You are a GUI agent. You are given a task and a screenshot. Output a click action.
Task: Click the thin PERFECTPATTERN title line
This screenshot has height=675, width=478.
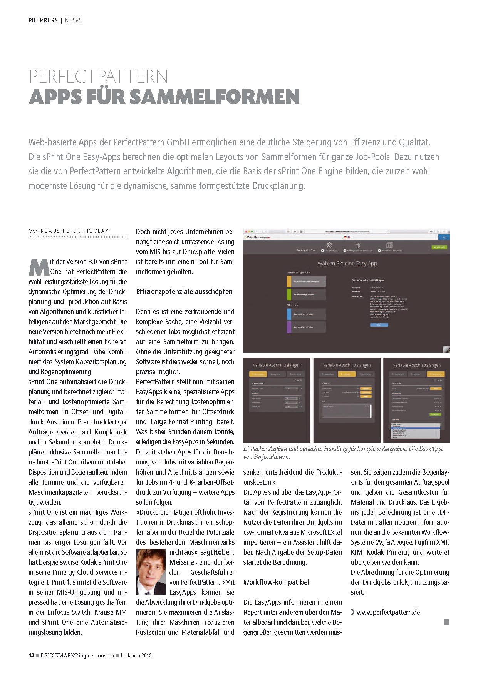99,77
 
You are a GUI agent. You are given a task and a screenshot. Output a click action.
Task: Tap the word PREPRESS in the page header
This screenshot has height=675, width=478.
43,20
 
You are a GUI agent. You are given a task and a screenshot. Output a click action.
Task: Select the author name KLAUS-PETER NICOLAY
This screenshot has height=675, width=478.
75,231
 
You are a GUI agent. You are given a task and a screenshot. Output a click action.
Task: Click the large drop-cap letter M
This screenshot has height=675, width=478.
39,267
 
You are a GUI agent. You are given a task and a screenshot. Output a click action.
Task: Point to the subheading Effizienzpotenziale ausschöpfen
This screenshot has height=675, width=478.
184,292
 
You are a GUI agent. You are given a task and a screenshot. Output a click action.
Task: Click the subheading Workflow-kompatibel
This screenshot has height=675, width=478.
276,582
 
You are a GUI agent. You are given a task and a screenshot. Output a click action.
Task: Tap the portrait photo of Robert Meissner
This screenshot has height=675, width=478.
151,571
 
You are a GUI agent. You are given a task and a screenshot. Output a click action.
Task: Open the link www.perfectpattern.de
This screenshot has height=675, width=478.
388,612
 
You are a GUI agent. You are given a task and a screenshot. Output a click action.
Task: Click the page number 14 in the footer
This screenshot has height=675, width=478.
31,655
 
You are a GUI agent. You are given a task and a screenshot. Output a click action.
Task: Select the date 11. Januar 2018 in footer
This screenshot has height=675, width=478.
136,655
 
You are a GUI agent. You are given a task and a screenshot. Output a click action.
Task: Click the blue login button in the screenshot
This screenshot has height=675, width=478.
444,237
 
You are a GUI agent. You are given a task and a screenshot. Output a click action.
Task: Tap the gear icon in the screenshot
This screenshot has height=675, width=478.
329,246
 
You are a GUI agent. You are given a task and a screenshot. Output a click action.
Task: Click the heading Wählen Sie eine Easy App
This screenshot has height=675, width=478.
347,264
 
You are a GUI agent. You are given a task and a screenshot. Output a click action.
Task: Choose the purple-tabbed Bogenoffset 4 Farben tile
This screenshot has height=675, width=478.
306,327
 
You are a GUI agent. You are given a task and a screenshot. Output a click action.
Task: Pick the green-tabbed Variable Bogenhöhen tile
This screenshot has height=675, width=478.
306,294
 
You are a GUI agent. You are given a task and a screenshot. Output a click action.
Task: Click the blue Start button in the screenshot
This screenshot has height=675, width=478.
379,325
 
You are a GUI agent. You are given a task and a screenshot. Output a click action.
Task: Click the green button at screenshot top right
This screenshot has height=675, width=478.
439,247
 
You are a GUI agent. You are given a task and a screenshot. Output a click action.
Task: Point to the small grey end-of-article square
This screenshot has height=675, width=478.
446,622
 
